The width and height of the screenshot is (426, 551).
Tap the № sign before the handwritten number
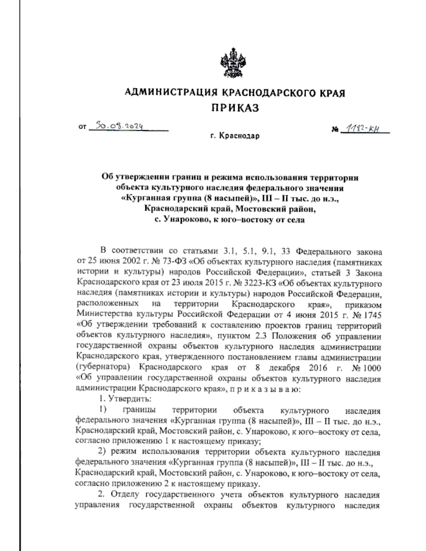pos(335,130)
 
